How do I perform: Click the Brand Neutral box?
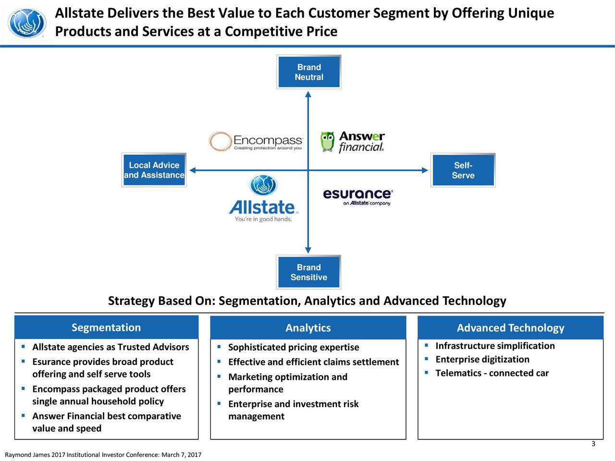pyautogui.click(x=309, y=72)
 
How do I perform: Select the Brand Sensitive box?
pyautogui.click(x=309, y=272)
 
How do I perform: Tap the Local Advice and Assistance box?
pyautogui.click(x=154, y=170)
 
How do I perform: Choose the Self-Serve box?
pyautogui.click(x=463, y=170)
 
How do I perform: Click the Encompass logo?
pyautogui.click(x=257, y=142)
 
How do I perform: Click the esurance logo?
pyautogui.click(x=358, y=196)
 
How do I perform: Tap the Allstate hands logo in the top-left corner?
pyautogui.click(x=28, y=23)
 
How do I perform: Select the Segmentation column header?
pyautogui.click(x=106, y=328)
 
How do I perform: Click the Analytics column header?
pyautogui.click(x=308, y=328)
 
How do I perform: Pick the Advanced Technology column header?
pyautogui.click(x=510, y=328)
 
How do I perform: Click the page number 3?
pyautogui.click(x=593, y=444)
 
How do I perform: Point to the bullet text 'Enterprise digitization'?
pyautogui.click(x=482, y=360)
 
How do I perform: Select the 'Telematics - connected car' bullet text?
pyautogui.click(x=492, y=373)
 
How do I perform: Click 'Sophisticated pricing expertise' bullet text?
pyautogui.click(x=294, y=347)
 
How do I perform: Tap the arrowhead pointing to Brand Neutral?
pyautogui.click(x=308, y=94)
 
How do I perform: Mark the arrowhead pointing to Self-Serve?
pyautogui.click(x=425, y=170)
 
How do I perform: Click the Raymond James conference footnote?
pyautogui.click(x=103, y=455)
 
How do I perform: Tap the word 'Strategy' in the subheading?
pyautogui.click(x=131, y=301)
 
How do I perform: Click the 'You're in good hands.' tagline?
pyautogui.click(x=263, y=219)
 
